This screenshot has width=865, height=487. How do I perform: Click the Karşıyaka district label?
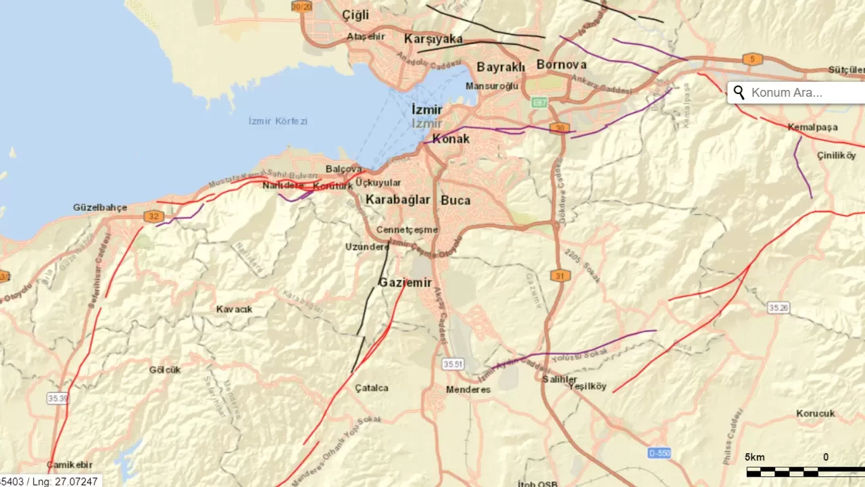(433, 39)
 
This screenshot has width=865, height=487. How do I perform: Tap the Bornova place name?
(561, 65)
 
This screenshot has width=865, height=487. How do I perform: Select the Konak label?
(450, 139)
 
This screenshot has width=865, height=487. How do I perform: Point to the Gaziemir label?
(405, 283)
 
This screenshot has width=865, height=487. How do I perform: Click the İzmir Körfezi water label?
(278, 121)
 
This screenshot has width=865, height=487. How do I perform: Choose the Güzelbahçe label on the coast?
(100, 208)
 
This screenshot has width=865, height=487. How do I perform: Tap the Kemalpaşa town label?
(812, 127)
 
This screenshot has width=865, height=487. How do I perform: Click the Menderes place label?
(468, 390)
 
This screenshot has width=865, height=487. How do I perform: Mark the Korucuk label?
(815, 413)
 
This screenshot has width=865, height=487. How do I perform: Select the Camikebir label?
(70, 465)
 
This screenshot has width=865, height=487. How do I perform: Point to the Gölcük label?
(165, 369)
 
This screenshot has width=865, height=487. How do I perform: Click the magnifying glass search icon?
(739, 93)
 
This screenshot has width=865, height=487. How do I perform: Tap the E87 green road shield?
(539, 103)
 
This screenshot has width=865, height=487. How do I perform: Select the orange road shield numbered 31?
(560, 275)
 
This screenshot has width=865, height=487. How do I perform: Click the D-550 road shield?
(659, 453)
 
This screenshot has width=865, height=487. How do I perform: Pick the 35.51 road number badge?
(453, 364)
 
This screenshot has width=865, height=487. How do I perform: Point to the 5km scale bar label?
(755, 457)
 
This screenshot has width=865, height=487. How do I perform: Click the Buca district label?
(455, 200)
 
